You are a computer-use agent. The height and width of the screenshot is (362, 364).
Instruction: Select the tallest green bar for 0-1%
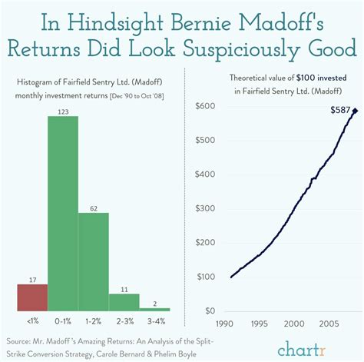coord(63,213)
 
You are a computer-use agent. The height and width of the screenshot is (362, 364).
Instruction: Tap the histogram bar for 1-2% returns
coord(93,261)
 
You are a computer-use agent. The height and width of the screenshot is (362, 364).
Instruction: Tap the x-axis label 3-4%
coord(154,320)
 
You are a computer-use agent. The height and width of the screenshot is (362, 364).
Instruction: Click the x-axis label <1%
coord(32,320)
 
